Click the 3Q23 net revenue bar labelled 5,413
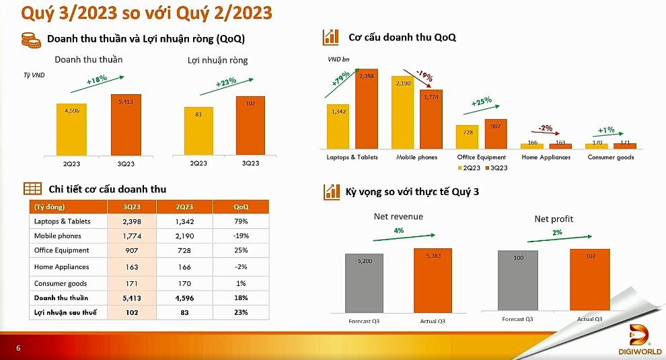click(x=126, y=124)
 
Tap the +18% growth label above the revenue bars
click(x=98, y=79)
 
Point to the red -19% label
click(x=424, y=73)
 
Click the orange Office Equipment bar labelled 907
click(x=495, y=133)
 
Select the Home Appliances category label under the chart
click(x=546, y=157)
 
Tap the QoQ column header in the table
click(x=241, y=207)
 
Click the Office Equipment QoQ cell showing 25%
click(x=241, y=250)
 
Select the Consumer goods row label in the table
click(x=61, y=283)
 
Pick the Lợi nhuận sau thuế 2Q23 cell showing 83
click(x=184, y=312)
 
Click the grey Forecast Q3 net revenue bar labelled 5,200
click(x=364, y=282)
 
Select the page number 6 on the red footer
click(x=18, y=348)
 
